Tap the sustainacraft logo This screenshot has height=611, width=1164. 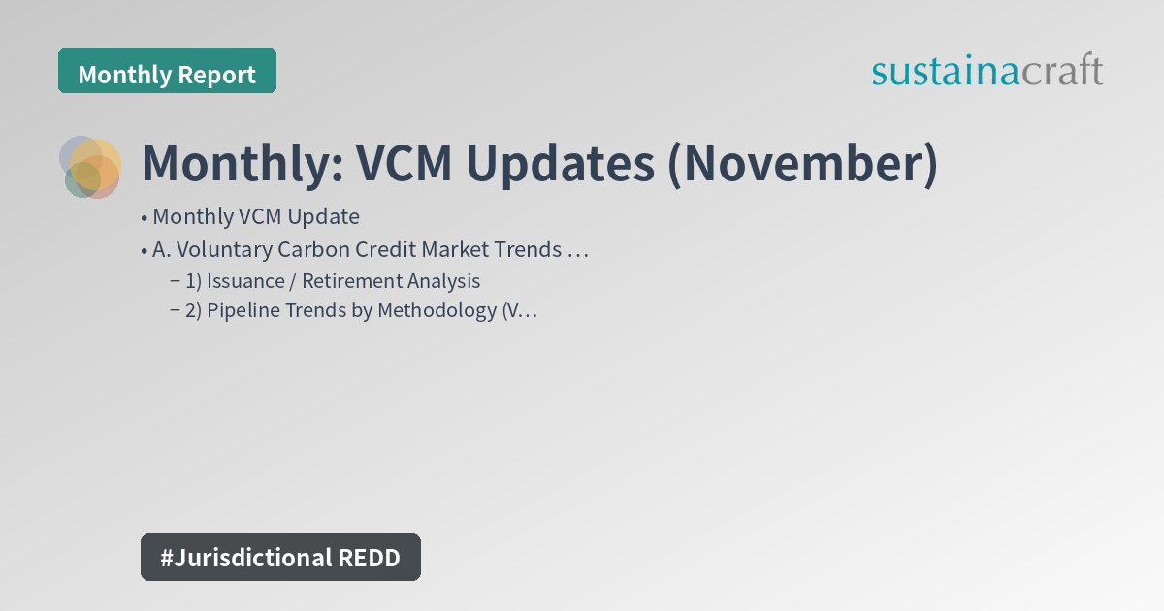(986, 71)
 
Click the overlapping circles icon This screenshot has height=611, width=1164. (90, 167)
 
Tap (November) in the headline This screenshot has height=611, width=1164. (802, 164)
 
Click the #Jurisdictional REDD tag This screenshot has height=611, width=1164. (280, 557)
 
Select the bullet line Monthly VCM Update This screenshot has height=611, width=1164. (255, 217)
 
